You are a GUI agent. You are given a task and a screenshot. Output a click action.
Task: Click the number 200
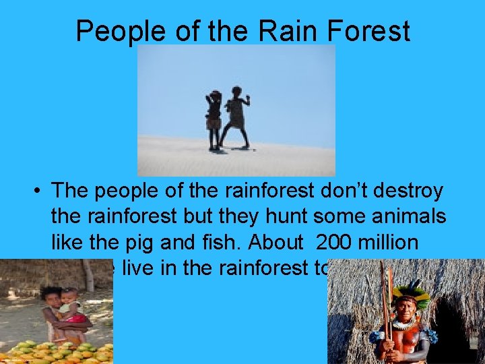[351, 242]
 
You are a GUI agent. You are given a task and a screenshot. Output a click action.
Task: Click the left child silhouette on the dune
[214, 119]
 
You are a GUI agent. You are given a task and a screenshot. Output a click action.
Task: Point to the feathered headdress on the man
[412, 295]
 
